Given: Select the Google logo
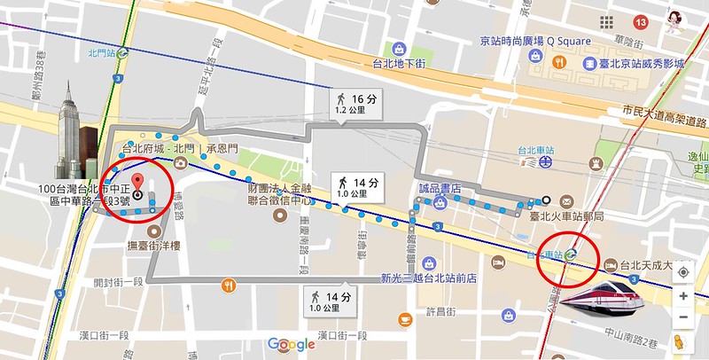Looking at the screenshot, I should tap(292, 344).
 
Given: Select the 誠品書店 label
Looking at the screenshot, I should tap(440, 188).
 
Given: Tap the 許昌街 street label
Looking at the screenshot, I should tap(440, 311).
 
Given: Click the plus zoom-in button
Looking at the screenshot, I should tap(683, 295).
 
